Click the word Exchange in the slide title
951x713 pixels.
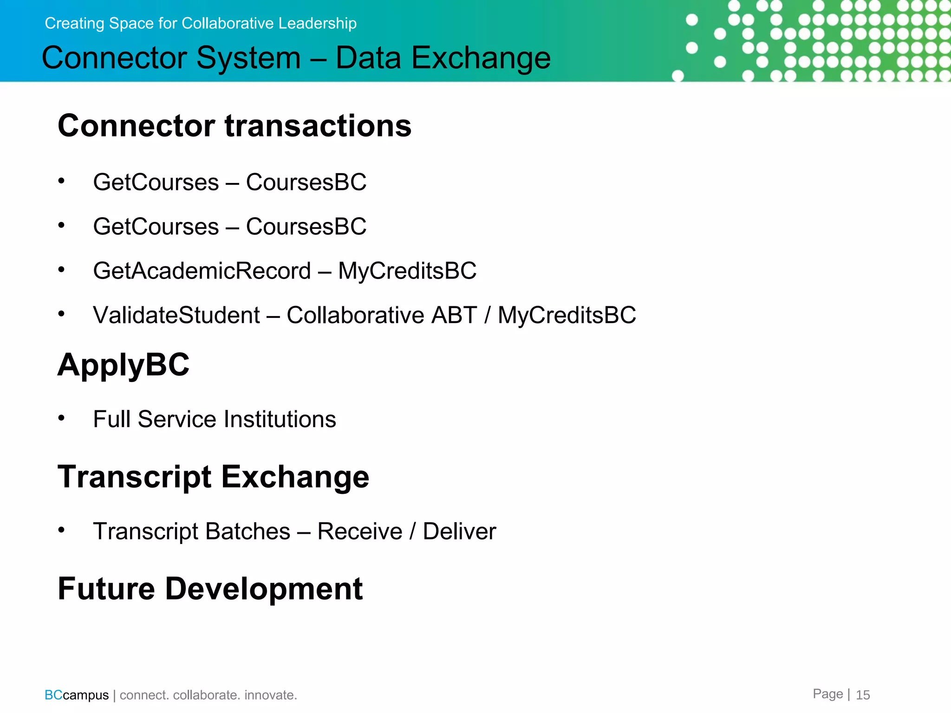pos(481,58)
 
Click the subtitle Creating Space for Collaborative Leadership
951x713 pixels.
pos(201,23)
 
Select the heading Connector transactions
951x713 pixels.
pos(234,126)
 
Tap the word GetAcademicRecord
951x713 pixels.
pos(202,271)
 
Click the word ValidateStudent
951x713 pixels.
pos(176,315)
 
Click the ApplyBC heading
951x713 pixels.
pos(124,365)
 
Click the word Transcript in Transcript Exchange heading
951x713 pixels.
pos(135,477)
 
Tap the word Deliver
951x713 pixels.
pos(459,532)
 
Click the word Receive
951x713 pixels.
pos(360,532)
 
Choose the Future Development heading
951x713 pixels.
pos(210,589)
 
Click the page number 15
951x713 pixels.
pos(863,695)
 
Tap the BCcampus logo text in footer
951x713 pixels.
pos(77,695)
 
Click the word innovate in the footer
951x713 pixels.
pos(270,695)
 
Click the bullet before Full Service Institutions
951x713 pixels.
pos(61,418)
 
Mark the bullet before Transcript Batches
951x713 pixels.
pos(61,530)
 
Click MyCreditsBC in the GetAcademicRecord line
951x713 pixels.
pos(407,271)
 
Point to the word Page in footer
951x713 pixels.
pos(827,694)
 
